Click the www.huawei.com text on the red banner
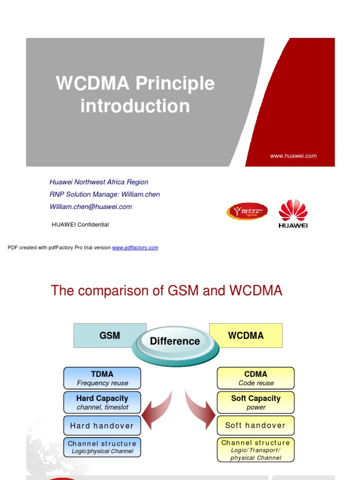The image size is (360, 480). (293, 156)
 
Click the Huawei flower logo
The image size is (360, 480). (293, 213)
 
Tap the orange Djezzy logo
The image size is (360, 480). (247, 211)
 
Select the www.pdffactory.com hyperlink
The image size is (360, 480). (135, 247)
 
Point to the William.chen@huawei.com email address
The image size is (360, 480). (90, 206)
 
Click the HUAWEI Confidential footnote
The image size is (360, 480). (80, 225)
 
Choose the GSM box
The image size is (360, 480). (110, 336)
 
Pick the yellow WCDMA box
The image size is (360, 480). (246, 336)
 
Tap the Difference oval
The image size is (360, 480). (175, 341)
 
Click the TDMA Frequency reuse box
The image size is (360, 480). (102, 378)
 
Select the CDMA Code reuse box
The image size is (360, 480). (255, 378)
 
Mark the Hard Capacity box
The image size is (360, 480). (102, 403)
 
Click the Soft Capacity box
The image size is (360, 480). (255, 403)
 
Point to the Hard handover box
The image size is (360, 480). (102, 426)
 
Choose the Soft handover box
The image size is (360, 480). (255, 426)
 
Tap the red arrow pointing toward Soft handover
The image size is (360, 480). (200, 411)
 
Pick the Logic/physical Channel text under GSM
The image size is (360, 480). (102, 451)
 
